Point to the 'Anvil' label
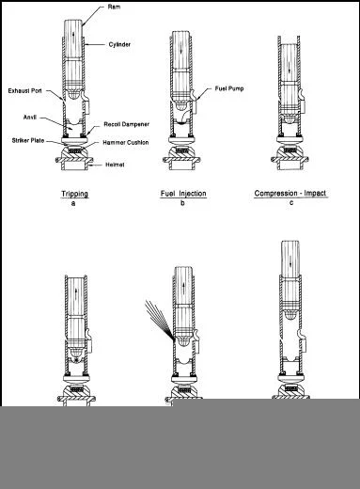coord(32,118)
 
